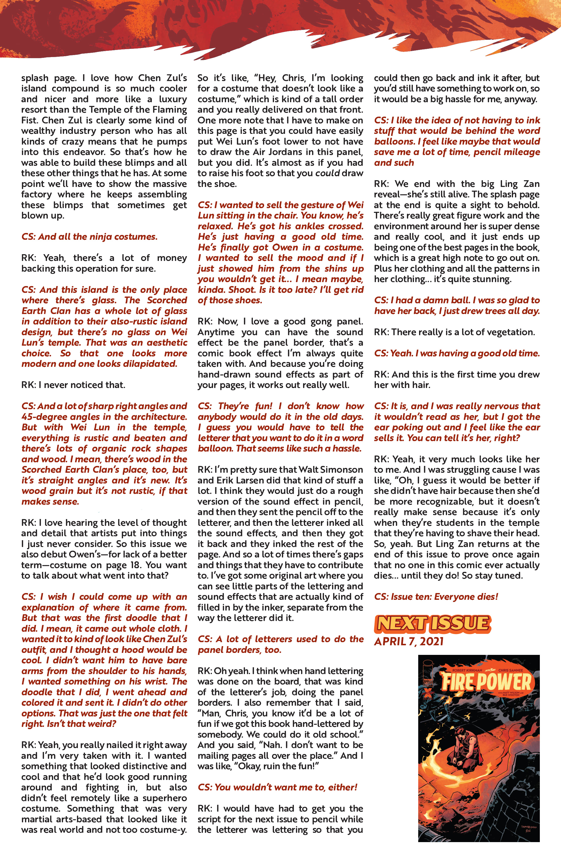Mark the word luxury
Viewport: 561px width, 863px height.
point(173,99)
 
